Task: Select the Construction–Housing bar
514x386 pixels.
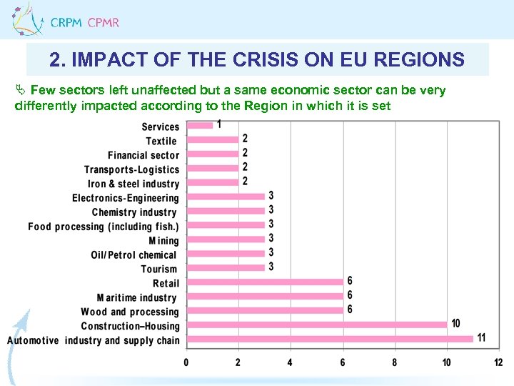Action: (x=317, y=324)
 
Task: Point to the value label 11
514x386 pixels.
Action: (x=482, y=337)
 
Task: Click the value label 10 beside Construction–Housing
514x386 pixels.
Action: (x=456, y=323)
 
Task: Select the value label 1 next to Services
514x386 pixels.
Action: (x=218, y=124)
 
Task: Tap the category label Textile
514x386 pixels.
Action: (x=161, y=141)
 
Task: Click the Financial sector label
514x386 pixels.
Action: (x=143, y=155)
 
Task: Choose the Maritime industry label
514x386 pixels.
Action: (x=137, y=297)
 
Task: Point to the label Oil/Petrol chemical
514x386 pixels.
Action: (x=133, y=254)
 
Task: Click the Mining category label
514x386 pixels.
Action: (x=163, y=241)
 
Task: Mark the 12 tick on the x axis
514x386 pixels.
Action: (x=498, y=362)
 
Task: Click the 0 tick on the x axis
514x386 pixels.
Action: (x=186, y=362)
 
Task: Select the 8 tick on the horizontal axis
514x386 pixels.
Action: (x=395, y=362)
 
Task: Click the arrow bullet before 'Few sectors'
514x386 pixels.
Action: (x=20, y=90)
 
